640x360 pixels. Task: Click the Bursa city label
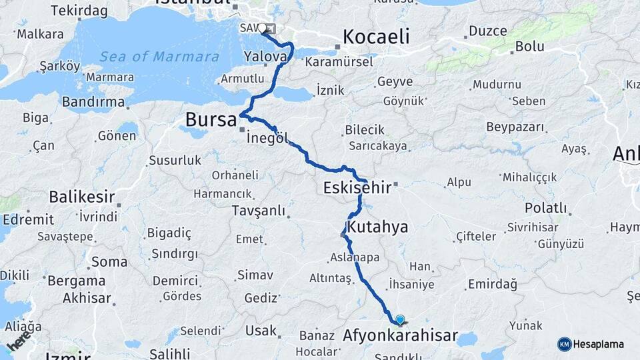click(x=211, y=120)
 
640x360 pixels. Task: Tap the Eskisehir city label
click(x=357, y=188)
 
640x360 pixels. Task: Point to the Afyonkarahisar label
click(x=399, y=335)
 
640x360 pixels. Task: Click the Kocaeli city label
click(x=375, y=37)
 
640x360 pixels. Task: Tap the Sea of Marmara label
click(x=159, y=57)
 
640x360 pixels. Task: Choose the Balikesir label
click(x=81, y=197)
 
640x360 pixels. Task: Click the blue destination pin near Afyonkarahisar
click(x=399, y=320)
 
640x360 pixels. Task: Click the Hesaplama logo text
click(x=599, y=345)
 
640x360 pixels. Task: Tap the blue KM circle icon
click(x=564, y=345)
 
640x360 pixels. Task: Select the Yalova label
click(x=265, y=57)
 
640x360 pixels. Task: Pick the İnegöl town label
click(x=267, y=139)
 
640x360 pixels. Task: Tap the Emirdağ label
click(x=492, y=285)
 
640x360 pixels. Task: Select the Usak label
click(x=261, y=331)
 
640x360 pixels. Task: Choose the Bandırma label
click(x=93, y=102)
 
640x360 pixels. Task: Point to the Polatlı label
click(x=545, y=208)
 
